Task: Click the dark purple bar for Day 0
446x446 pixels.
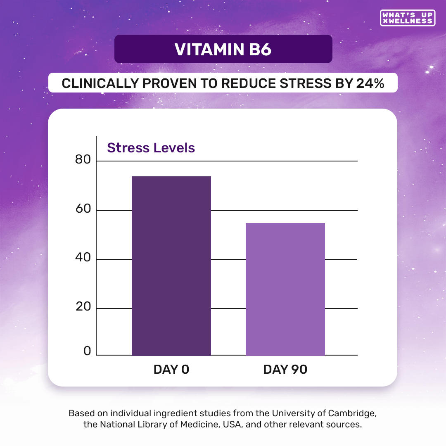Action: point(171,266)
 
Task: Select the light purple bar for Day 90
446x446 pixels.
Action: point(285,289)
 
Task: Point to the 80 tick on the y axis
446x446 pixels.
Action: point(83,160)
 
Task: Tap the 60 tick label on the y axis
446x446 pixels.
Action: point(83,209)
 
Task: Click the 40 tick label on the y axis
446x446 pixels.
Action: point(83,258)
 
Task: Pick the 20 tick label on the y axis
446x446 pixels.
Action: point(83,307)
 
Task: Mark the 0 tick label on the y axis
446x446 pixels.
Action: point(87,351)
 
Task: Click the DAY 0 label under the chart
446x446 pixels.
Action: point(171,370)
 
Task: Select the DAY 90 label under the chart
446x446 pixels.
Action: point(285,370)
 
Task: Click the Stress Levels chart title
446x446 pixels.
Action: point(151,148)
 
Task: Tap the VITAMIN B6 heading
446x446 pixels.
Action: point(223,49)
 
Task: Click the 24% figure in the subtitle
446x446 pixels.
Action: point(370,83)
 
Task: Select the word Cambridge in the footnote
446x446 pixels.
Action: point(354,413)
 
